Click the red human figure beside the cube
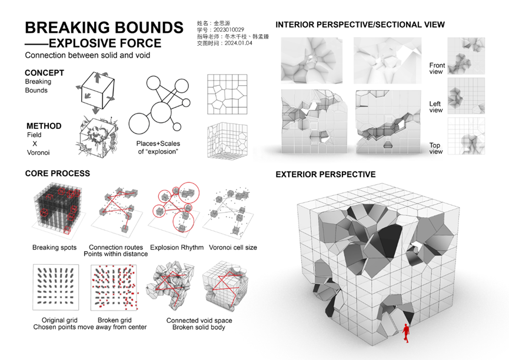(406, 333)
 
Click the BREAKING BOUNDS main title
(104, 28)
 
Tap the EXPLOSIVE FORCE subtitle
(105, 43)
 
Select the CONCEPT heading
(45, 73)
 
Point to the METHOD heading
(44, 126)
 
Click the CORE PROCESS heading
(58, 174)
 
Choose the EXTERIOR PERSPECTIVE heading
(325, 174)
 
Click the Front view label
(437, 68)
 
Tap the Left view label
(435, 107)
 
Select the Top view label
(435, 148)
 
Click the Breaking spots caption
(55, 248)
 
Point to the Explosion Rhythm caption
(177, 248)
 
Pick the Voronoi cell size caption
(233, 248)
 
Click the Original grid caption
(59, 320)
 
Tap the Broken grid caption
(115, 320)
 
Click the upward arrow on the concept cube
(97, 78)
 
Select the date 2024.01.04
(238, 43)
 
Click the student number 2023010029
(228, 29)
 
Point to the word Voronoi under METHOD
(38, 152)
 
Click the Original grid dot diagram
(56, 287)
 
